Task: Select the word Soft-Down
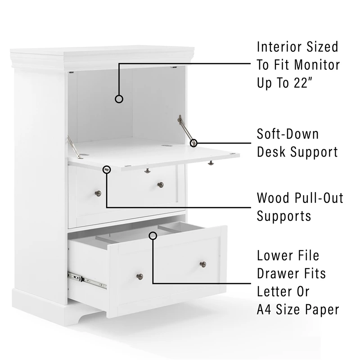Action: [x=288, y=134]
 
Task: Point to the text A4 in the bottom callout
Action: [x=264, y=309]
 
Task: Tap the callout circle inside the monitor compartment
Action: [x=119, y=99]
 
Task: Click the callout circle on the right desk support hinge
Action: [x=193, y=143]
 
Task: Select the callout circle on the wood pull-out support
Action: [x=107, y=170]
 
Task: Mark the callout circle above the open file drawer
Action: [x=153, y=235]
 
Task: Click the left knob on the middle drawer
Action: [x=98, y=193]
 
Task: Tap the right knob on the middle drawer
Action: [x=161, y=185]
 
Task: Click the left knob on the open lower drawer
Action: [x=140, y=277]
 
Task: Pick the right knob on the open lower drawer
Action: [x=203, y=264]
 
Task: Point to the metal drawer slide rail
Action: [x=87, y=280]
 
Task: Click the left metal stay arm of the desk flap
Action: [x=74, y=147]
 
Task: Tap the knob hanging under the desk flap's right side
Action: [x=211, y=163]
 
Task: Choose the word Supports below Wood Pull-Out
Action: [x=284, y=216]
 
